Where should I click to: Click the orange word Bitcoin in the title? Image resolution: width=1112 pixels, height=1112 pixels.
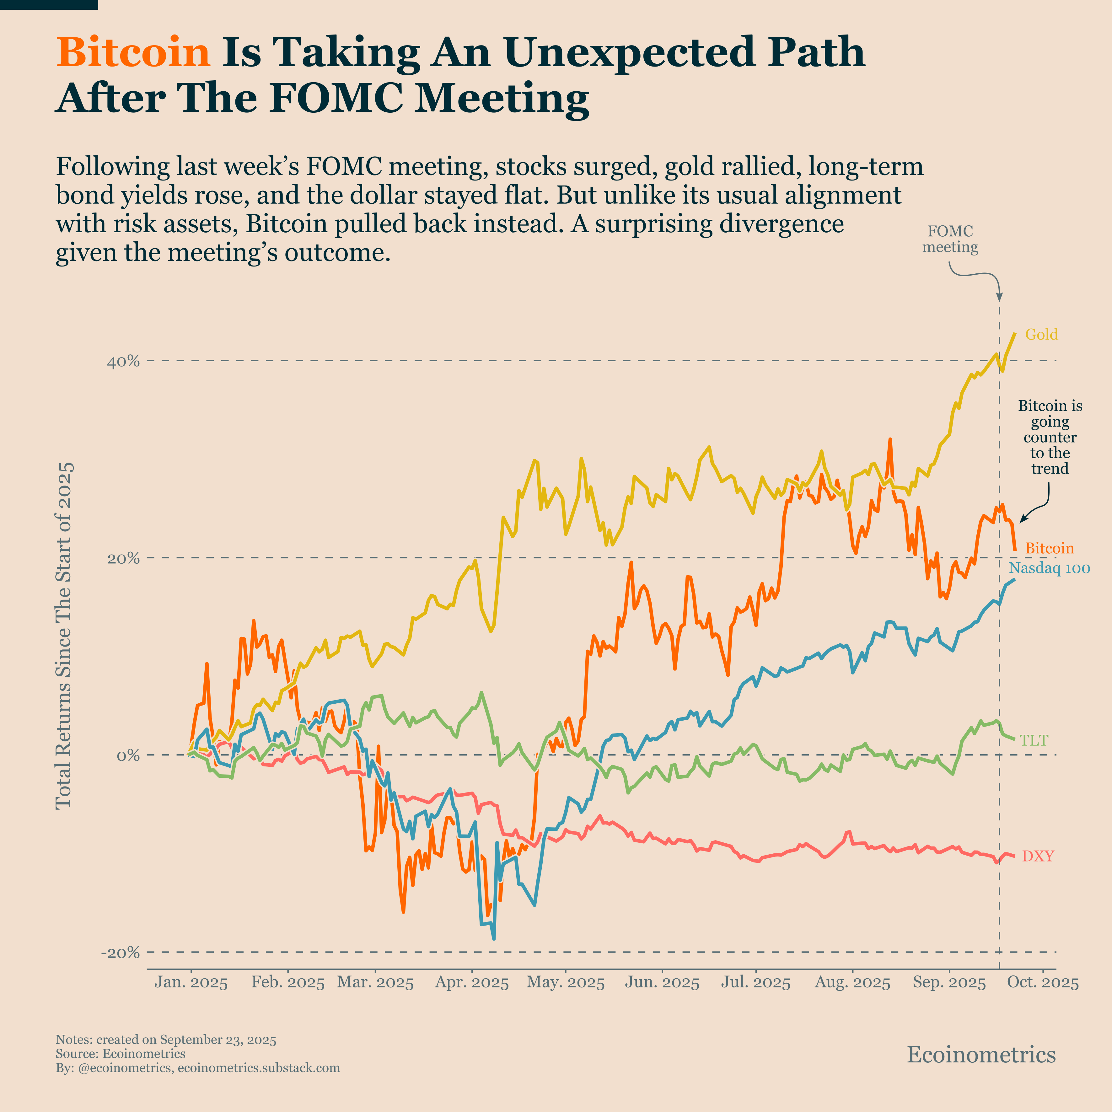[x=133, y=52]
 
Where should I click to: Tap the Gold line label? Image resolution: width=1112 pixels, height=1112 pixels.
[x=1041, y=334]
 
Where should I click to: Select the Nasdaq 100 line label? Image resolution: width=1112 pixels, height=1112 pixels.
[x=1049, y=568]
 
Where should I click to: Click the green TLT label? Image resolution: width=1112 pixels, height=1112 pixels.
[x=1034, y=740]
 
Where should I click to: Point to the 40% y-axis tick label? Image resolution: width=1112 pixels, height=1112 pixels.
[x=123, y=362]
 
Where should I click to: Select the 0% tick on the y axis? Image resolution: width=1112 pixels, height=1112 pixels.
[x=128, y=755]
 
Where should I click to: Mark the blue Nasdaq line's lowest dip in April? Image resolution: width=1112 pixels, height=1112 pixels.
[x=494, y=938]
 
